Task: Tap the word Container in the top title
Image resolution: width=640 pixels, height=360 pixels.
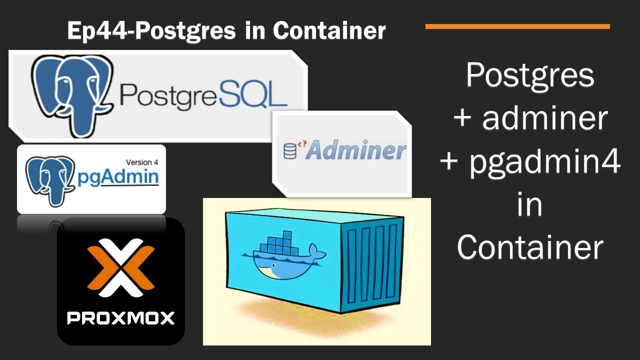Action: click(x=329, y=31)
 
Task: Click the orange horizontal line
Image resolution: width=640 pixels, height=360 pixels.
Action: click(x=517, y=26)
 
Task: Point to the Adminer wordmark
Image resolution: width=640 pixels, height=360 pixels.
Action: click(x=355, y=150)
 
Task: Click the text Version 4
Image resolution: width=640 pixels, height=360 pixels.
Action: click(x=141, y=162)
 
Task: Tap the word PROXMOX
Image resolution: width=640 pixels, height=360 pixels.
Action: click(x=121, y=318)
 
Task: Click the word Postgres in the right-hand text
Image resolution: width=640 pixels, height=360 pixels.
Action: click(x=530, y=75)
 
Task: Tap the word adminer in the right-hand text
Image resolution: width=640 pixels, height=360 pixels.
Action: click(x=545, y=119)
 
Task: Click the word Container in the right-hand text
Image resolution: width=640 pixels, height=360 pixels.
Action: click(x=530, y=247)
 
